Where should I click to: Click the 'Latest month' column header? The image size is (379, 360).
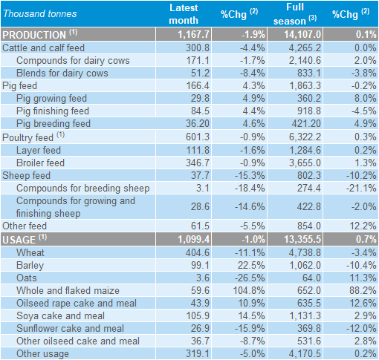(x=184, y=14)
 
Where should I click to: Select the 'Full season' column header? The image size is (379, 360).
(x=295, y=14)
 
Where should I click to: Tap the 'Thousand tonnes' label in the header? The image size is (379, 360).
(x=40, y=14)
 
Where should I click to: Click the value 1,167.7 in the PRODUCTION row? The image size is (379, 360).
(x=194, y=34)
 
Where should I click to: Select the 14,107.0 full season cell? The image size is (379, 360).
(x=302, y=34)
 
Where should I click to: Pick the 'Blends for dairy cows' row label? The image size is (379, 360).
(x=62, y=73)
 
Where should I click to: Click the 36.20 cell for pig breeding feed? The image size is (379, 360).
(x=198, y=123)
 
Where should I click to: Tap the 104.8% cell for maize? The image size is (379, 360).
(x=249, y=290)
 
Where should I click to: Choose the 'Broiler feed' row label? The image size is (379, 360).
(x=40, y=163)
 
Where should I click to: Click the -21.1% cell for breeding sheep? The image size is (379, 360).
(x=361, y=188)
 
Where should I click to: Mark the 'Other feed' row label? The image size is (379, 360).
(x=25, y=226)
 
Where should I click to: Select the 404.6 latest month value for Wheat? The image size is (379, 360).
(x=198, y=252)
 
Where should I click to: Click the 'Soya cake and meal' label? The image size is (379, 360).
(x=60, y=315)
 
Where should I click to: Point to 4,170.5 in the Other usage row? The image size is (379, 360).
(x=305, y=353)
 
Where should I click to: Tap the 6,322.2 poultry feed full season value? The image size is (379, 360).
(x=305, y=137)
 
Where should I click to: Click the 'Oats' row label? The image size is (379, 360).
(x=27, y=278)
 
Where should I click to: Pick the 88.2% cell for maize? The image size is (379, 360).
(x=363, y=290)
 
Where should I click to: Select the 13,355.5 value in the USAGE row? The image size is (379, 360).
(x=302, y=239)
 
